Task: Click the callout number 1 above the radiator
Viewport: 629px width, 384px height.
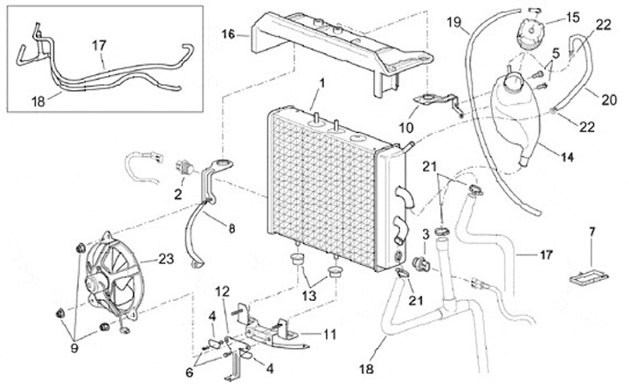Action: point(322,83)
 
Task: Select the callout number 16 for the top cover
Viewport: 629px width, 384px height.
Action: point(228,35)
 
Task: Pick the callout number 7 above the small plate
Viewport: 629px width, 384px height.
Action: point(591,231)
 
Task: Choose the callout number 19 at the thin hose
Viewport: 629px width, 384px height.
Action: point(453,21)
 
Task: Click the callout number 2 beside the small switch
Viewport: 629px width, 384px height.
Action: point(178,192)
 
